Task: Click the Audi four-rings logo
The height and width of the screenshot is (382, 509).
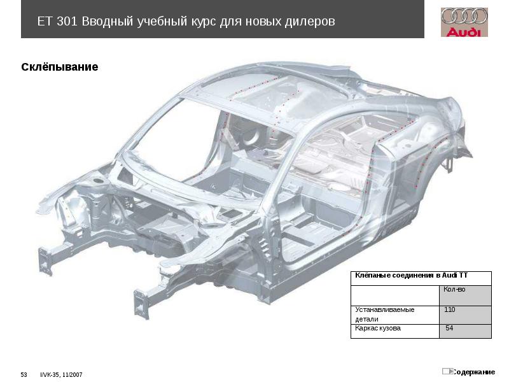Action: point(464,17)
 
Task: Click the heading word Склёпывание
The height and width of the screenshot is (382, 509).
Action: point(60,67)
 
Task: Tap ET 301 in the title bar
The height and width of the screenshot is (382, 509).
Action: point(57,22)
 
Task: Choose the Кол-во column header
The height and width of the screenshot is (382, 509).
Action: point(454,290)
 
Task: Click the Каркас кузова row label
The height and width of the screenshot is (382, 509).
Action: point(378,329)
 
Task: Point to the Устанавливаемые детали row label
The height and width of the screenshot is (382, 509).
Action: point(384,314)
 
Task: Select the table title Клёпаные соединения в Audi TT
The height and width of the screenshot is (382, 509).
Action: point(411,276)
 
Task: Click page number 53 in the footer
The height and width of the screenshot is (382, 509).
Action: point(24,374)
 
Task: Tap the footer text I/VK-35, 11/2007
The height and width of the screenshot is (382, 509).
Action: point(62,374)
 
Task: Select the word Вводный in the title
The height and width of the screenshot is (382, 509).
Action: point(106,22)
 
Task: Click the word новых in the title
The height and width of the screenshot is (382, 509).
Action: point(261,22)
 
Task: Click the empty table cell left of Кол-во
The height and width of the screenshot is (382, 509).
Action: point(395,295)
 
